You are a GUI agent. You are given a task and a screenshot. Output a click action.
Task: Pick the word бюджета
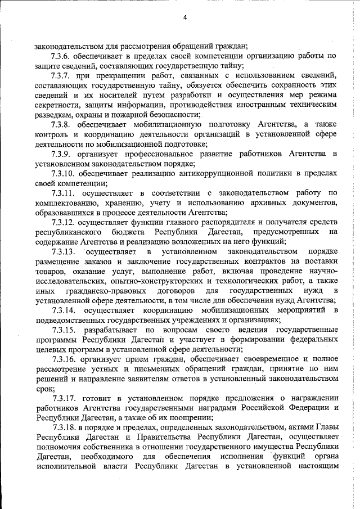tap(133, 232)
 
